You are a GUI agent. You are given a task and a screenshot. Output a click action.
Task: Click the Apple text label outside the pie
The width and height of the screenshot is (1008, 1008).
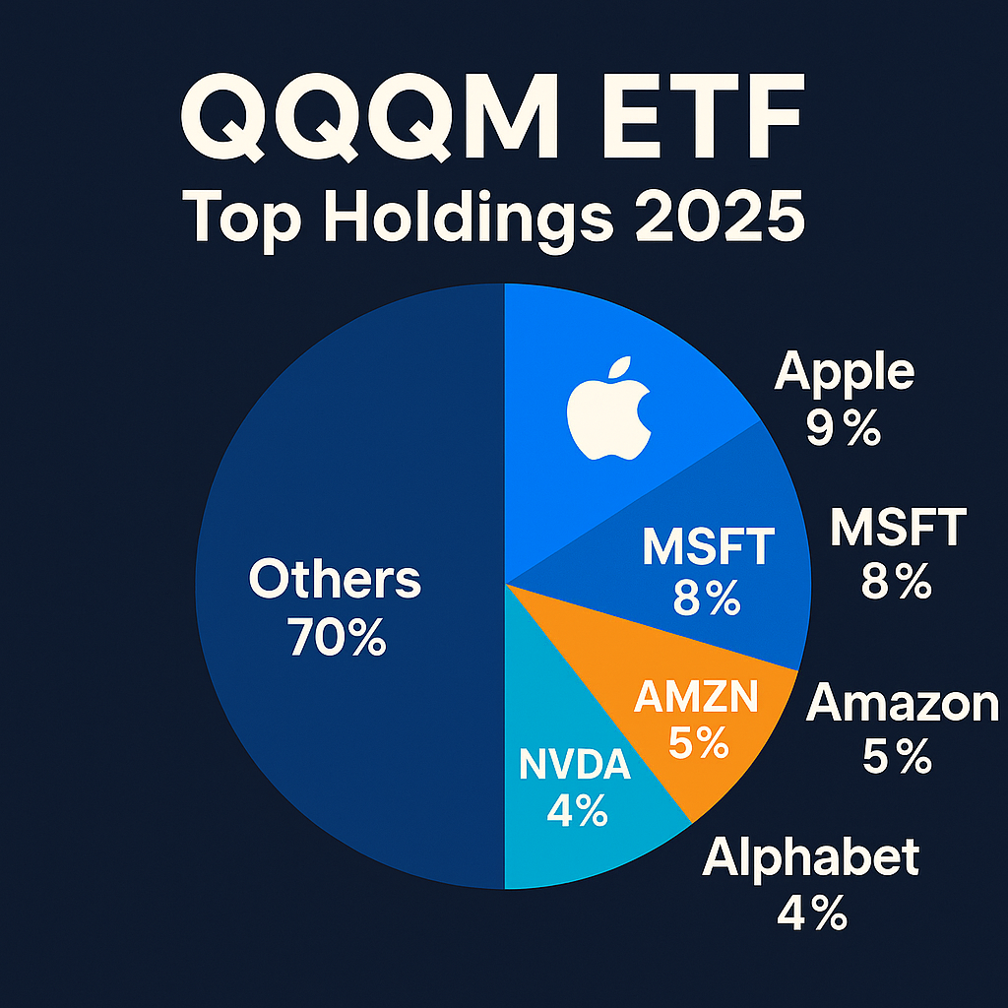[x=845, y=372]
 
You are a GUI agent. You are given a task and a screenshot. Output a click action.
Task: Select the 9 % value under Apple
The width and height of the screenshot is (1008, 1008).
[x=844, y=428]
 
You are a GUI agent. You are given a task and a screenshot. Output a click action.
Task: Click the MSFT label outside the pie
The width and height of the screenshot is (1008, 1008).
[x=897, y=530]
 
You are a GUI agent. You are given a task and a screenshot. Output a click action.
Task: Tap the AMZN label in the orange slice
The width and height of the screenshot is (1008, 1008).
[x=697, y=698]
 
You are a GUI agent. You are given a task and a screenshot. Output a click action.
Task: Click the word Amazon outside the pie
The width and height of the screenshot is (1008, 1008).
[x=903, y=704]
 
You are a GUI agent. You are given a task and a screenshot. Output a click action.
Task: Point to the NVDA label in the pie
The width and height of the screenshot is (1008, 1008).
[x=575, y=765]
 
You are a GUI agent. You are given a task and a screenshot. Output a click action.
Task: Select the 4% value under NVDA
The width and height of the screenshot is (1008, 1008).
[x=577, y=812]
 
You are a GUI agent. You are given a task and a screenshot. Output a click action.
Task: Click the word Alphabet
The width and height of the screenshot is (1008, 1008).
[x=811, y=857]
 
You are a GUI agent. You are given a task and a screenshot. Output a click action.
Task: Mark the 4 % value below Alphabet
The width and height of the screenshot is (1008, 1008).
[x=812, y=914]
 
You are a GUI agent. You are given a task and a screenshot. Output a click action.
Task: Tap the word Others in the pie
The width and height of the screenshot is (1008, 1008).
[x=335, y=581]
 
